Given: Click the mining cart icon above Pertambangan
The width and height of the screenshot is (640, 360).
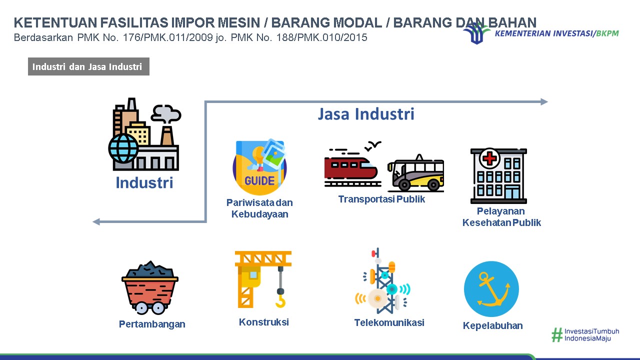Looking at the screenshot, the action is pyautogui.click(x=150, y=287).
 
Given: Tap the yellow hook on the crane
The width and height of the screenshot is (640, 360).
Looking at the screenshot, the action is pyautogui.click(x=281, y=301).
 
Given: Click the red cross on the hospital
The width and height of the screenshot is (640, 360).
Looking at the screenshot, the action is pyautogui.click(x=489, y=158).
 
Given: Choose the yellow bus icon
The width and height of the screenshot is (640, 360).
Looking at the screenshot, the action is pyautogui.click(x=415, y=173).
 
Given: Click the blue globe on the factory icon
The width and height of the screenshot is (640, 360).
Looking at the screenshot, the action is pyautogui.click(x=123, y=148).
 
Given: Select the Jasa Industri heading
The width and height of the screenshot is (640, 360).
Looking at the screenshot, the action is pyautogui.click(x=366, y=114).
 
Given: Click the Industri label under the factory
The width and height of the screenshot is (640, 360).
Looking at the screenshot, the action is pyautogui.click(x=144, y=182).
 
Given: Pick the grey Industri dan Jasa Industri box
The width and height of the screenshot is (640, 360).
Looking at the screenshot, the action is pyautogui.click(x=88, y=66).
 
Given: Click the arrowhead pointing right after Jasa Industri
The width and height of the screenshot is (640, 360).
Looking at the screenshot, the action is pyautogui.click(x=544, y=101).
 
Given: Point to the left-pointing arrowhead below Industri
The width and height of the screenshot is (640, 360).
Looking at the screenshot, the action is pyautogui.click(x=96, y=221).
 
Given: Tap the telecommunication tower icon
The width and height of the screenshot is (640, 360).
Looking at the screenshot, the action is pyautogui.click(x=383, y=281).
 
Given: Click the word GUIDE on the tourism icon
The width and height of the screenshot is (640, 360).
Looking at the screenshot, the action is pyautogui.click(x=259, y=181).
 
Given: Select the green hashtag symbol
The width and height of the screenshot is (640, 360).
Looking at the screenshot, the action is pyautogui.click(x=557, y=335).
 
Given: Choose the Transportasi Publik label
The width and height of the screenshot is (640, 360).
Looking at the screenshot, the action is pyautogui.click(x=381, y=199).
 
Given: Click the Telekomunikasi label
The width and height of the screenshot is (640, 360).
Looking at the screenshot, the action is pyautogui.click(x=389, y=322).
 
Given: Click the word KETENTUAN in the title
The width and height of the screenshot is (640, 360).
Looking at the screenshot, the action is pyautogui.click(x=55, y=22).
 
